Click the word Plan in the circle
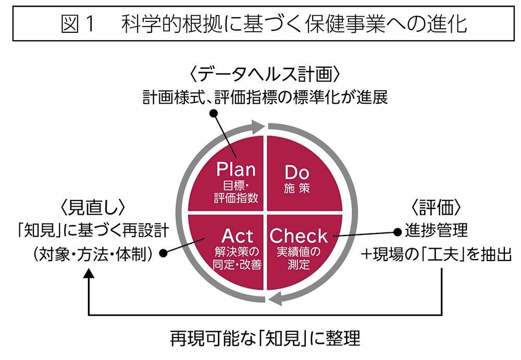pos(236,170)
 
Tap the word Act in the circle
pos(237,235)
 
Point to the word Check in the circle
pos(299,235)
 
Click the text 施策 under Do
pos(297,188)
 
